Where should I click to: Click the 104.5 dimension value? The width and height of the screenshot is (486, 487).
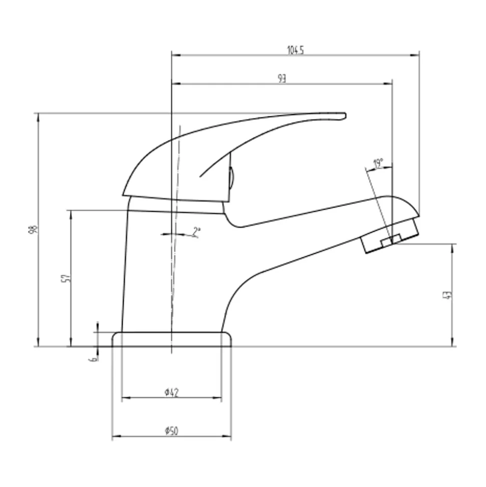pyautogui.click(x=295, y=50)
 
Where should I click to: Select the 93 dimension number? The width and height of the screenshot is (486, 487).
pyautogui.click(x=282, y=79)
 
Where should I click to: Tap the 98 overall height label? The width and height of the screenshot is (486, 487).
pyautogui.click(x=33, y=230)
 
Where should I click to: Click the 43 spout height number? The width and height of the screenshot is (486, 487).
pyautogui.click(x=448, y=295)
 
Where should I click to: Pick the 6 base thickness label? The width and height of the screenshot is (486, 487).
pyautogui.click(x=93, y=359)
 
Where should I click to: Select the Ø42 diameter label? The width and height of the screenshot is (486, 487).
pyautogui.click(x=172, y=393)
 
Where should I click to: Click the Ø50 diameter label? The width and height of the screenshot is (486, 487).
pyautogui.click(x=171, y=431)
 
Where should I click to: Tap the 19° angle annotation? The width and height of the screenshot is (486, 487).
pyautogui.click(x=378, y=163)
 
